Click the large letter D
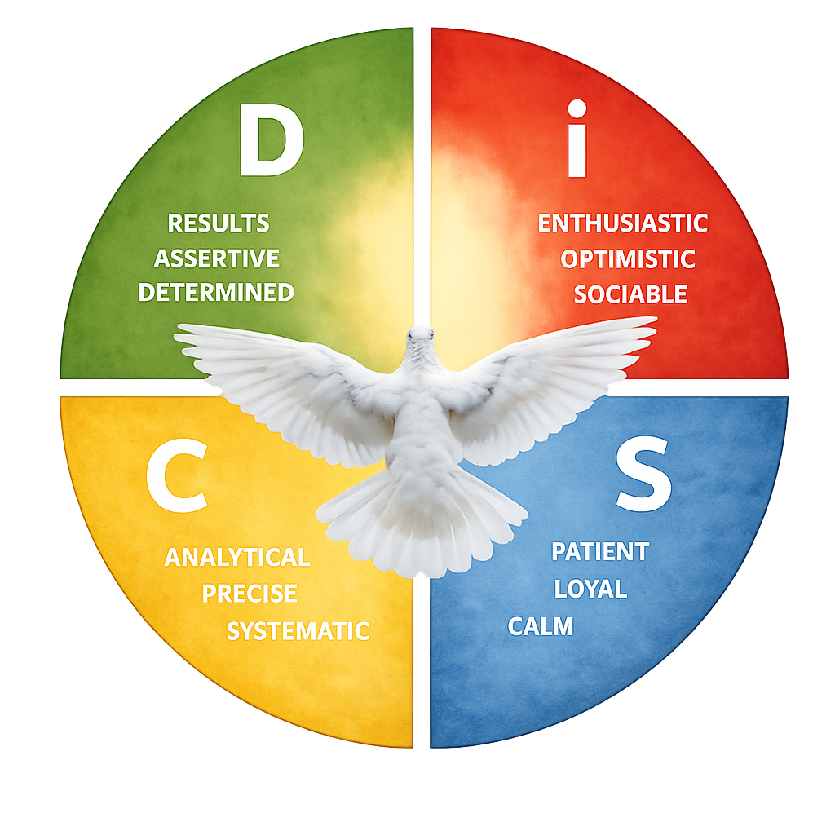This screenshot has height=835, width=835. pyautogui.click(x=272, y=142)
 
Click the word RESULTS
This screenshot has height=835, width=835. pyautogui.click(x=218, y=223)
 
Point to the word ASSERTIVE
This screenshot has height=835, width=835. pyautogui.click(x=217, y=258)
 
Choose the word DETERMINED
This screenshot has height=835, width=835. pyautogui.click(x=216, y=292)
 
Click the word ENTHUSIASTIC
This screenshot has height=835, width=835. pyautogui.click(x=622, y=223)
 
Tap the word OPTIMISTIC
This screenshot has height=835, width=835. pyautogui.click(x=627, y=259)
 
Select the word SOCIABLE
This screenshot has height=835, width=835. pyautogui.click(x=630, y=294)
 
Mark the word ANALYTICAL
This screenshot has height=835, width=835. pyautogui.click(x=237, y=558)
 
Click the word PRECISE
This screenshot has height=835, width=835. pyautogui.click(x=250, y=594)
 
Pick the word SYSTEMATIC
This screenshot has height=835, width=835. pyautogui.click(x=298, y=630)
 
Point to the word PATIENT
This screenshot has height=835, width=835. pyautogui.click(x=599, y=552)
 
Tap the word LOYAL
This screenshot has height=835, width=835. pyautogui.click(x=590, y=589)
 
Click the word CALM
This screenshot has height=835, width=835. pyautogui.click(x=541, y=626)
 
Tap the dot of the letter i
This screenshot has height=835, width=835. pyautogui.click(x=577, y=109)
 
